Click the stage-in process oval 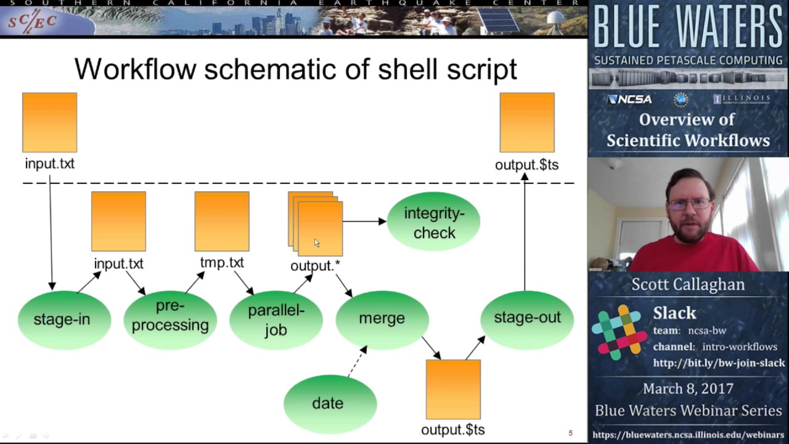[63, 319]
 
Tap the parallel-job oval [276, 319]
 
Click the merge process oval [382, 318]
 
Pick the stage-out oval [527, 318]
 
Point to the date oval [329, 403]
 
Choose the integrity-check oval [434, 223]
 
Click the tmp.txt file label [222, 263]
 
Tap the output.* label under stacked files [315, 266]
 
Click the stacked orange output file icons [316, 224]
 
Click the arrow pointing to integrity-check [364, 221]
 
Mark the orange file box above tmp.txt [222, 221]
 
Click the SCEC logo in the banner [32, 22]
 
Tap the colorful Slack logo [619, 332]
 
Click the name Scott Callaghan [688, 284]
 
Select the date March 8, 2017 [688, 389]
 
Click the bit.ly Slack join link [719, 363]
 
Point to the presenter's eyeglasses [689, 203]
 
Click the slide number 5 [570, 433]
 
